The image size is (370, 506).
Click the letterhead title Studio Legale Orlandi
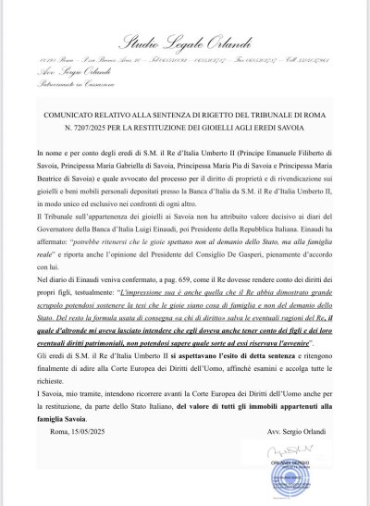click(x=184, y=43)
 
